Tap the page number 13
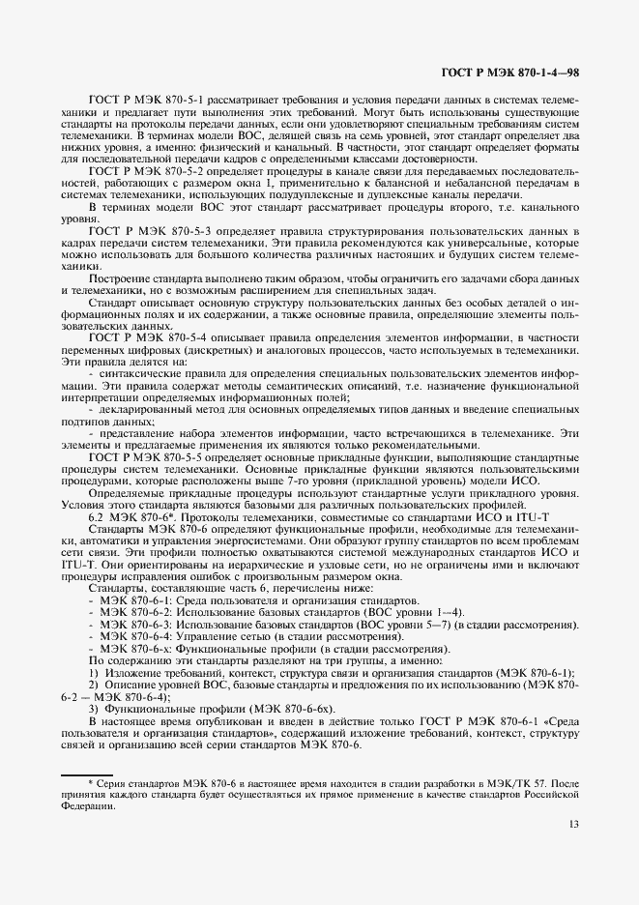click(574, 824)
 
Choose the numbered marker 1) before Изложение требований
click(94, 672)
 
